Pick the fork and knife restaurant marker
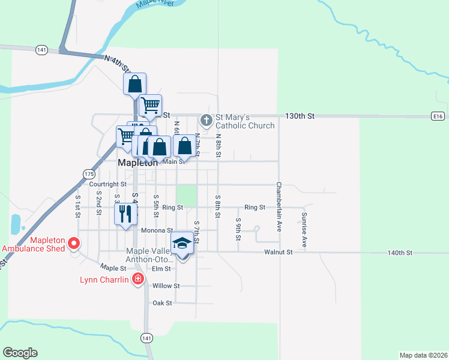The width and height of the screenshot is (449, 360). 125,213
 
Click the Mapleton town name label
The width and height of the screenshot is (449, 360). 137,163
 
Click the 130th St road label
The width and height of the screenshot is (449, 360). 300,115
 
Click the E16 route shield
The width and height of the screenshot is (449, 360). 438,115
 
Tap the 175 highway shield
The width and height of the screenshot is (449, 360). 89,173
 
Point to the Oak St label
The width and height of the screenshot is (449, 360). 162,303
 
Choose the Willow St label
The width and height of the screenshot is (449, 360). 166,286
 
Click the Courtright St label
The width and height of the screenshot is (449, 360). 107,184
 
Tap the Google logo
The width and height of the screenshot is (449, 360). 20,353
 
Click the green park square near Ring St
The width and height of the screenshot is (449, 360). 187,195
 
